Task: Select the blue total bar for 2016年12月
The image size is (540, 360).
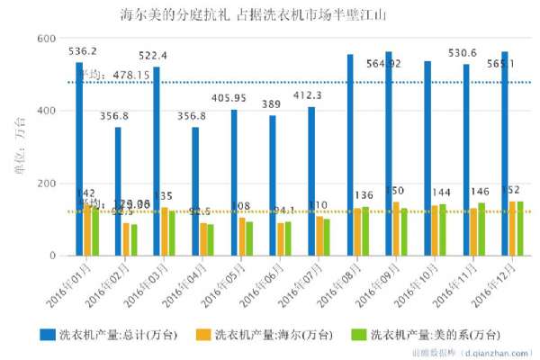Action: coord(504,154)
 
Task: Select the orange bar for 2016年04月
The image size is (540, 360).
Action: coord(204,239)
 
